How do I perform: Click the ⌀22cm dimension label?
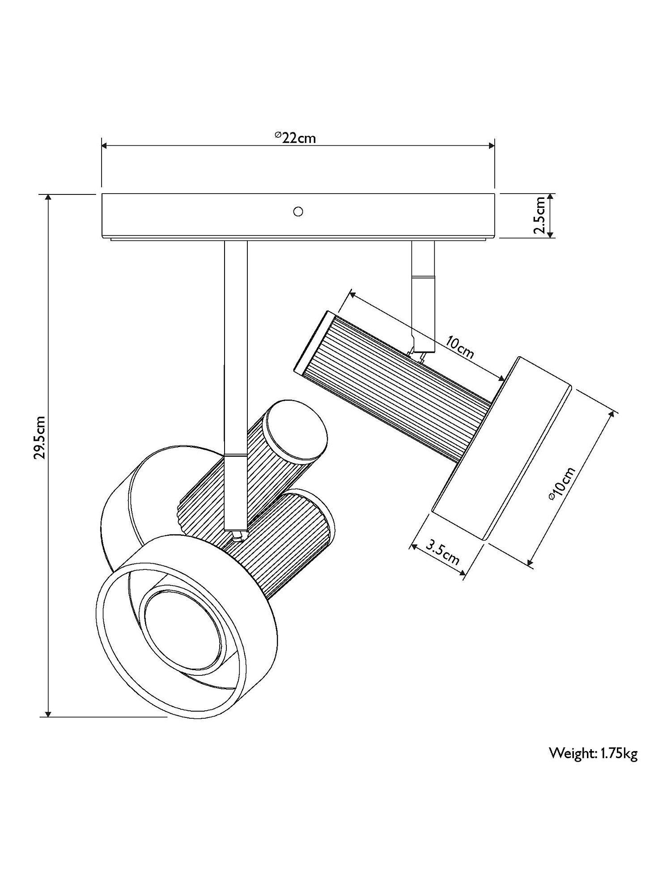coord(295,137)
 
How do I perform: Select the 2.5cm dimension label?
coord(540,215)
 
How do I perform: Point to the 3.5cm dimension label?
coord(443,552)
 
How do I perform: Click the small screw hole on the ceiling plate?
coord(297,211)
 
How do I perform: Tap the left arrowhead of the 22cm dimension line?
coord(105,145)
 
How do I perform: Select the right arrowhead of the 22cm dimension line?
coord(491,145)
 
